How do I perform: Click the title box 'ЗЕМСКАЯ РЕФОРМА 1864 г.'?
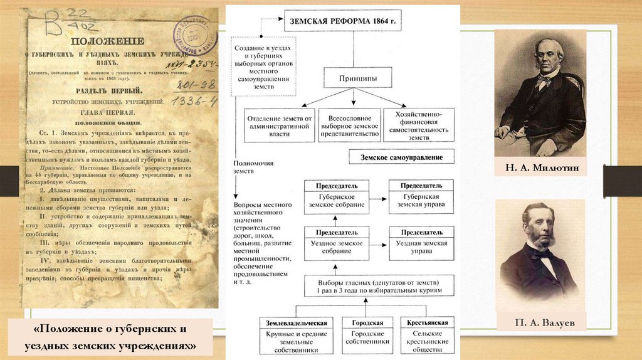point(342,21)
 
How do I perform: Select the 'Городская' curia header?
point(368,323)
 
